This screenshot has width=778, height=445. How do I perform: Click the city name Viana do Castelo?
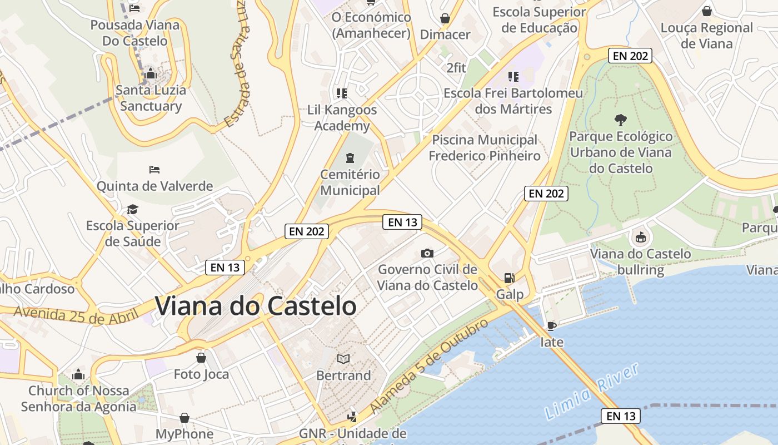(255, 306)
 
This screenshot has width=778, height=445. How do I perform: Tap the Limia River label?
(591, 393)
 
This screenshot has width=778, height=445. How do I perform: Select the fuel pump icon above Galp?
(508, 278)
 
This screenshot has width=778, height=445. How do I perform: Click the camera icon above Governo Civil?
(427, 254)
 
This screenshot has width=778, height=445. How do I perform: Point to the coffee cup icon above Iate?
(551, 325)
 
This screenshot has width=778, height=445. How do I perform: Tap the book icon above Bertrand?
(343, 359)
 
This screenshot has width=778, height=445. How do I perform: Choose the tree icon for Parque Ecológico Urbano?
(620, 120)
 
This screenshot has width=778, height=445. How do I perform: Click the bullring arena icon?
(641, 238)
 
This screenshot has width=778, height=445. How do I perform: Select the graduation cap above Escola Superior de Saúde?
(132, 209)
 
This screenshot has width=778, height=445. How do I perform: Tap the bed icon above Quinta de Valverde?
(154, 169)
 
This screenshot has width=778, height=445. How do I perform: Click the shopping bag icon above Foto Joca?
(201, 357)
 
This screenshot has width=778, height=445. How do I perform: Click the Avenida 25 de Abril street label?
(76, 315)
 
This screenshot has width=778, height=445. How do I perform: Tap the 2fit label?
(456, 68)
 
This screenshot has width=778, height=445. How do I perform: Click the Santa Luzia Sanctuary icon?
(150, 73)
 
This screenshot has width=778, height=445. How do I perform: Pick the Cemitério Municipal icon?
(350, 158)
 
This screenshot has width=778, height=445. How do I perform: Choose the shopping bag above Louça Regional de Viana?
(707, 11)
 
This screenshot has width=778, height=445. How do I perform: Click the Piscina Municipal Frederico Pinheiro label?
(484, 147)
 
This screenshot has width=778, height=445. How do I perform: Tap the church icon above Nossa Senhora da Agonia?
(78, 374)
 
